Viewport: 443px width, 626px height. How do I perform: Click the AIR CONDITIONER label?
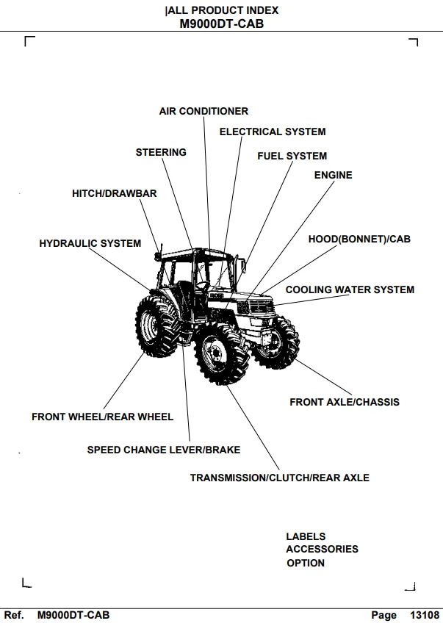pos(204,111)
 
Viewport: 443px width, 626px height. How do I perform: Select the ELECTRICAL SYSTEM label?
pos(273,132)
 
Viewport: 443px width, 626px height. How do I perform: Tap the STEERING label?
pos(161,153)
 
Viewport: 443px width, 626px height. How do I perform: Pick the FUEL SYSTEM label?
pos(292,156)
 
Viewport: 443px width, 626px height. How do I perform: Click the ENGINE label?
pos(334,176)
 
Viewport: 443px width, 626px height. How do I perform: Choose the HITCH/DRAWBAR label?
pos(114,194)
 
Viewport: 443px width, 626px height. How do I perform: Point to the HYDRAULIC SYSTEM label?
pos(90,243)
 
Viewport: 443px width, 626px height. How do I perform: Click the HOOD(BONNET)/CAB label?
pos(359,239)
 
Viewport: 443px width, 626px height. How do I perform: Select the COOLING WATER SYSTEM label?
pos(350,289)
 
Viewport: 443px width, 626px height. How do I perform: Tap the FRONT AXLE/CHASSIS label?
pos(345,402)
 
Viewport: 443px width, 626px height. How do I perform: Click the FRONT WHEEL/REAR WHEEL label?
pos(103,417)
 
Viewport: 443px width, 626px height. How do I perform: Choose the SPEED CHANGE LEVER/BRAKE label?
pos(164,450)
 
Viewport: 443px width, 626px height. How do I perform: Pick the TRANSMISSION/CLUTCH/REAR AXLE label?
pos(280,478)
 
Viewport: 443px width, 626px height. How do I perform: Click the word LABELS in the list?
pos(306,536)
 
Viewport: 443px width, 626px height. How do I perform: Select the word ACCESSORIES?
pos(322,550)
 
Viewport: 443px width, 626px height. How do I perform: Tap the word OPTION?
pos(306,564)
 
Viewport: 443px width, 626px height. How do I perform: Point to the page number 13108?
pos(425,615)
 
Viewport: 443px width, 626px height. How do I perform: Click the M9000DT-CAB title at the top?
pos(222,24)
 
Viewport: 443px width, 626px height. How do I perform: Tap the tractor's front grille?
pos(260,306)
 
